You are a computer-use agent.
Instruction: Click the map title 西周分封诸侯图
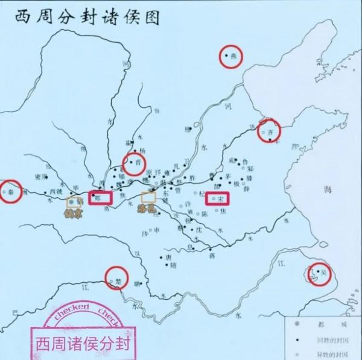coord(83,16)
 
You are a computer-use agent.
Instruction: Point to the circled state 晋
coord(135,163)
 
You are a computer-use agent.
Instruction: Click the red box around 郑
coord(100,197)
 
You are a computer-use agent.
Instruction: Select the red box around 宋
coord(218,198)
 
